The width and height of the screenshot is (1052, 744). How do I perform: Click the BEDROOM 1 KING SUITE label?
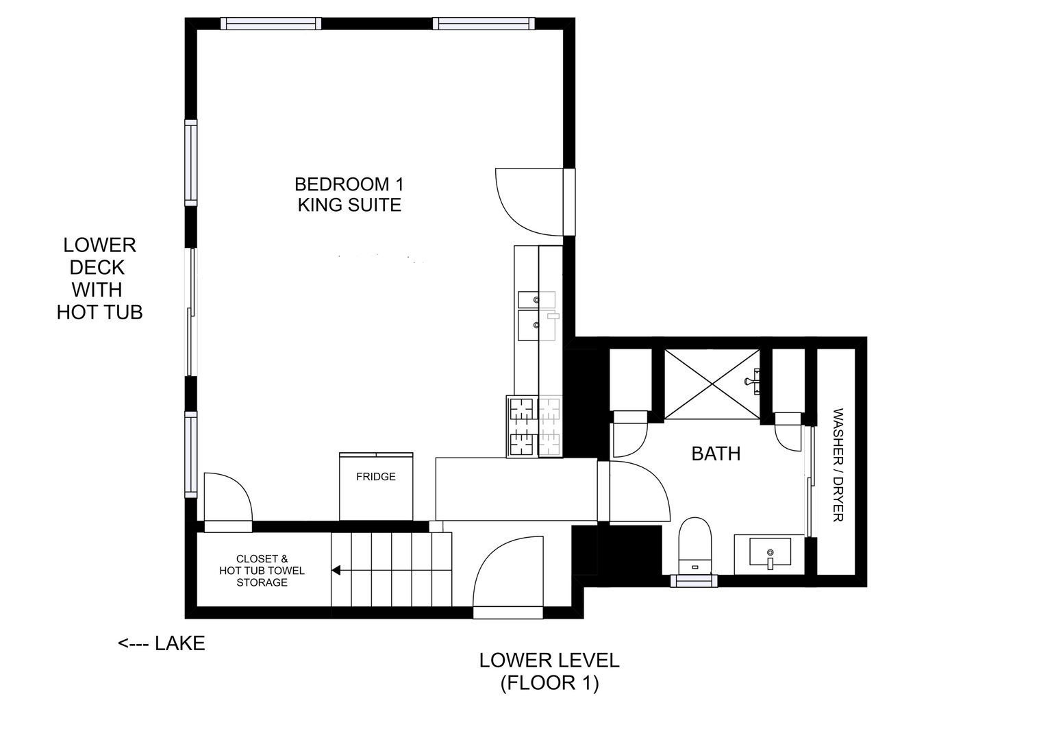click(x=349, y=195)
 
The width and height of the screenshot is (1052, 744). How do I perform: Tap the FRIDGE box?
click(x=376, y=486)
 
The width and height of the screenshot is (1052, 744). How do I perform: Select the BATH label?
click(x=716, y=454)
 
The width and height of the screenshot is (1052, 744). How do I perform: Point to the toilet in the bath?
click(x=696, y=544)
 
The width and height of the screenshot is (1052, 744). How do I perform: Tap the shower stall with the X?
click(x=712, y=384)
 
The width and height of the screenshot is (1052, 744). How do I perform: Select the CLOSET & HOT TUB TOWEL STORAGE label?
click(x=262, y=571)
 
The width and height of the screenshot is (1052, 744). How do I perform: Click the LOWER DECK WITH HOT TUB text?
click(x=99, y=278)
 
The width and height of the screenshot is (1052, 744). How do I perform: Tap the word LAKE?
click(x=180, y=643)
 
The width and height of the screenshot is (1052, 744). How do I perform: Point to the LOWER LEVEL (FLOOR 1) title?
click(x=549, y=671)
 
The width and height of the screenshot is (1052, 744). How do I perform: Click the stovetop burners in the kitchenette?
click(x=534, y=427)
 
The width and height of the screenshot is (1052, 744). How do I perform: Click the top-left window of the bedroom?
click(x=271, y=24)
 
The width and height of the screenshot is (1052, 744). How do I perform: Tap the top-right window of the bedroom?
click(x=484, y=24)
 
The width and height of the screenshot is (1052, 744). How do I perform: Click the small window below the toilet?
click(x=694, y=581)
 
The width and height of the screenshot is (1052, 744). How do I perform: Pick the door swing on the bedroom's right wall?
click(x=529, y=201)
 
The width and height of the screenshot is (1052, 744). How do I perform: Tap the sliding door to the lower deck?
click(x=192, y=312)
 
